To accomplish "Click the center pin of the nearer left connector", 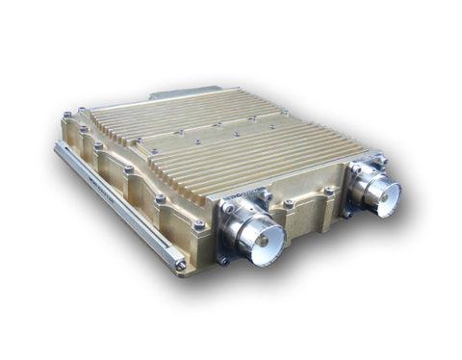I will [261, 237].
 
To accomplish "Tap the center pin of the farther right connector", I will [380, 193].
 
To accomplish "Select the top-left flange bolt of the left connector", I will [228, 205].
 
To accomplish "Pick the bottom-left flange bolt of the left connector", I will [222, 258].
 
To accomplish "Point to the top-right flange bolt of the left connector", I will [268, 196].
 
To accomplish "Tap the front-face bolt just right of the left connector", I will [289, 204].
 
